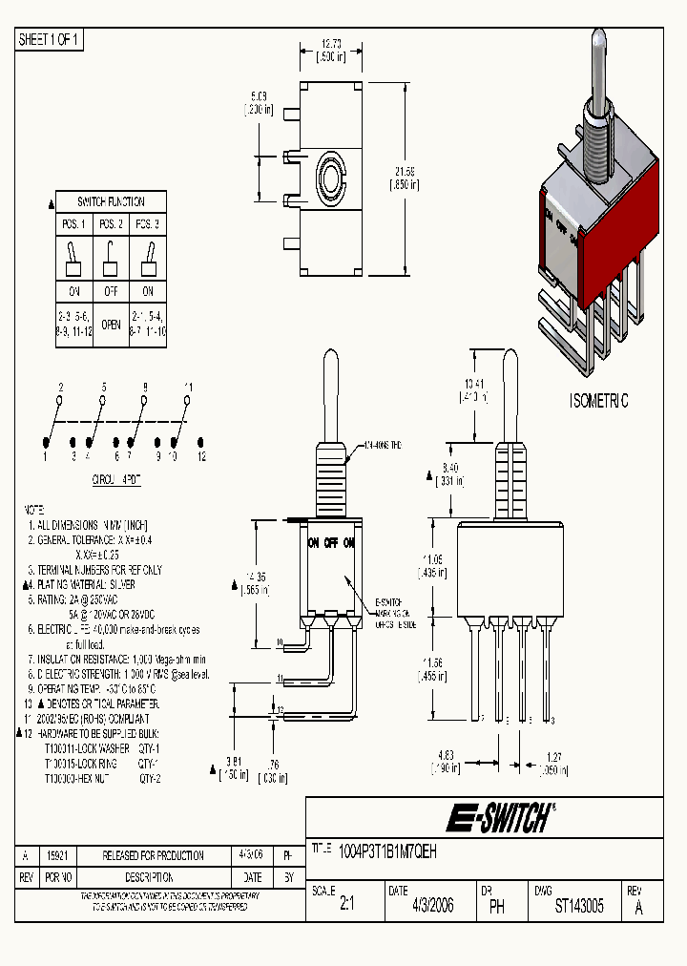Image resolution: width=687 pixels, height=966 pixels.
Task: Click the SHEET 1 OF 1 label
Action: [x=50, y=39]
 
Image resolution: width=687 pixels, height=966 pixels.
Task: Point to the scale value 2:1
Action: [x=346, y=907]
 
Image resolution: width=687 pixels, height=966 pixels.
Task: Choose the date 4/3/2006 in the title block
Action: [x=432, y=907]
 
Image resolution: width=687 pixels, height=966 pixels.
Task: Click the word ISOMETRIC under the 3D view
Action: [x=598, y=402]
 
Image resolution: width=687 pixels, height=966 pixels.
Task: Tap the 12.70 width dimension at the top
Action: [x=331, y=44]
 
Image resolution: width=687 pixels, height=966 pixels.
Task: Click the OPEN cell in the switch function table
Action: [x=112, y=324]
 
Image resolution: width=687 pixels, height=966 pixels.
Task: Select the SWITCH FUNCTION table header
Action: [x=111, y=202]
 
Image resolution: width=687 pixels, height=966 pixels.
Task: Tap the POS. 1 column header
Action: [x=73, y=223]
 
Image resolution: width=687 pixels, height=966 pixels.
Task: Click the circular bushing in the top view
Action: [x=332, y=177]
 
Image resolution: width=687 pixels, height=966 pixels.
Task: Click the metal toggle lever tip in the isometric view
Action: [x=600, y=43]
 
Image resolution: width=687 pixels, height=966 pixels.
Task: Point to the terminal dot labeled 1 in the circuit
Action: [x=45, y=442]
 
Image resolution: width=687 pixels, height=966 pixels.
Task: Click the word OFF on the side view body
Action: [x=330, y=542]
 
